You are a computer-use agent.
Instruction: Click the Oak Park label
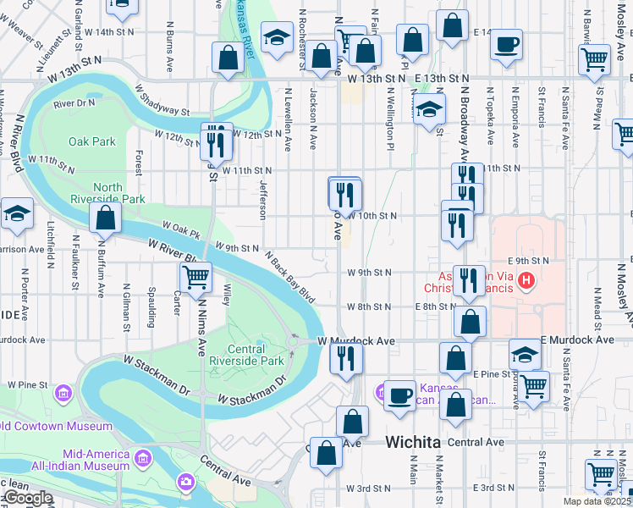tap(92, 141)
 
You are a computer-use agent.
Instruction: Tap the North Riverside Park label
tap(119, 193)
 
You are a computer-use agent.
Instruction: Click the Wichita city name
tap(413, 442)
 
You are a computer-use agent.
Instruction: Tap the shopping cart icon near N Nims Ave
tap(195, 276)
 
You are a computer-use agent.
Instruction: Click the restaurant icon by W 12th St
tap(215, 141)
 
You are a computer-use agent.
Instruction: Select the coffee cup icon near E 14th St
tap(507, 44)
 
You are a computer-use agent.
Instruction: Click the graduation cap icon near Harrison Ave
tap(17, 214)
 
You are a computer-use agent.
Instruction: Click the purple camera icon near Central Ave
tap(185, 482)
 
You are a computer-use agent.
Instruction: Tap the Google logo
tap(27, 498)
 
